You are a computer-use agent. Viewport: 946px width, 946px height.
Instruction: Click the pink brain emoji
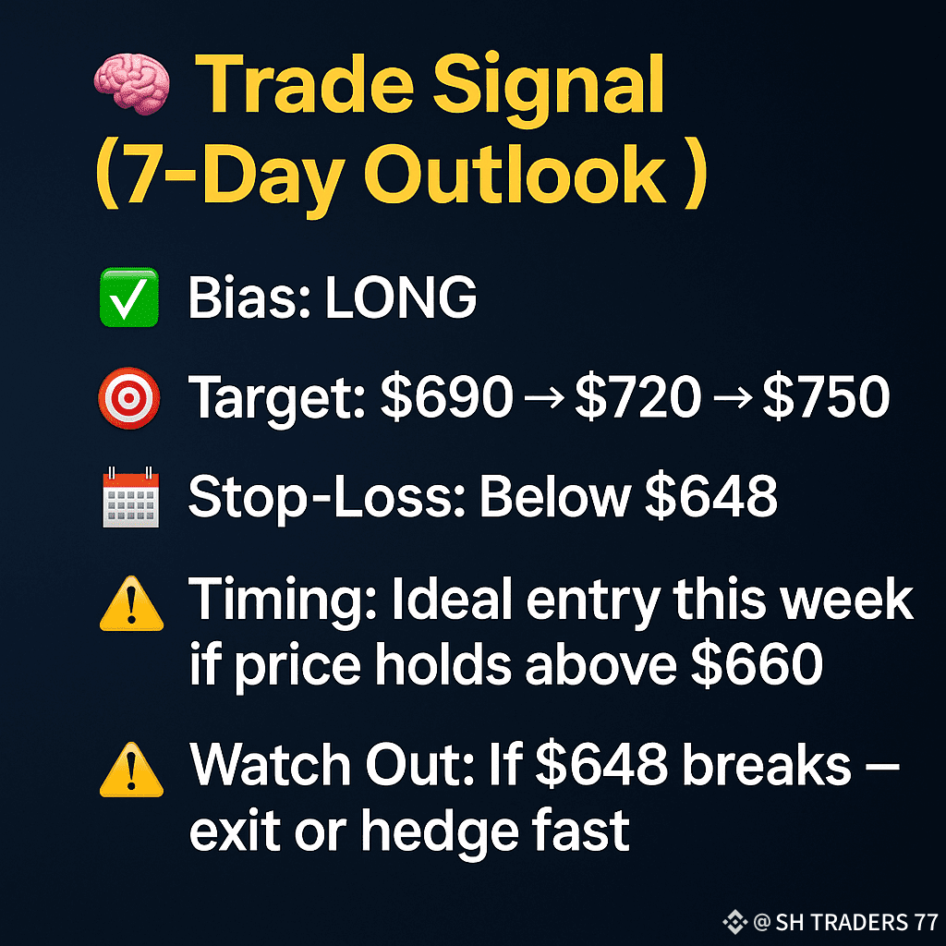click(131, 83)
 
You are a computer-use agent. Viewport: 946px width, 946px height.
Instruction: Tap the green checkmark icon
click(129, 297)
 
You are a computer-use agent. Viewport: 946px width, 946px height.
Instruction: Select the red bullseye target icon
click(129, 398)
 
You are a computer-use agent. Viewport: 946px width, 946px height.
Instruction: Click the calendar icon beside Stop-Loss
click(130, 496)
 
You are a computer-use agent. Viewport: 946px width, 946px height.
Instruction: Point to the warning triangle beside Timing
click(131, 604)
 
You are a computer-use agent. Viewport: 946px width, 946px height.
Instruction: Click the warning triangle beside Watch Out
click(131, 770)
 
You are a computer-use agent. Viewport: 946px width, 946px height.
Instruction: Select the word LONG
click(401, 297)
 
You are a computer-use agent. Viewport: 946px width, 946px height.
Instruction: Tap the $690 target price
click(446, 397)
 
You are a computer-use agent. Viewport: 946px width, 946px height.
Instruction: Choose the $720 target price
click(637, 397)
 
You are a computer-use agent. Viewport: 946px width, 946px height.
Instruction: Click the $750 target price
click(826, 397)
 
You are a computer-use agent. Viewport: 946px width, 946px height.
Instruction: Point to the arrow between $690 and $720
click(544, 397)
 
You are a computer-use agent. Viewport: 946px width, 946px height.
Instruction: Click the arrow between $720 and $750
click(732, 397)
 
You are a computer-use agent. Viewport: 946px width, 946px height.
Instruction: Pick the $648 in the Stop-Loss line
click(710, 496)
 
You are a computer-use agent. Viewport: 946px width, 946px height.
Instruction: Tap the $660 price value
click(757, 663)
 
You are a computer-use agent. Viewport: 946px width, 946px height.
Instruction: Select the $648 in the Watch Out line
click(600, 765)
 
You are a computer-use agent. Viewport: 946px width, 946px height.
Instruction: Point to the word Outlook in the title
click(515, 176)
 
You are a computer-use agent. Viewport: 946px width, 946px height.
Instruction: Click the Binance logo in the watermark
click(734, 921)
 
